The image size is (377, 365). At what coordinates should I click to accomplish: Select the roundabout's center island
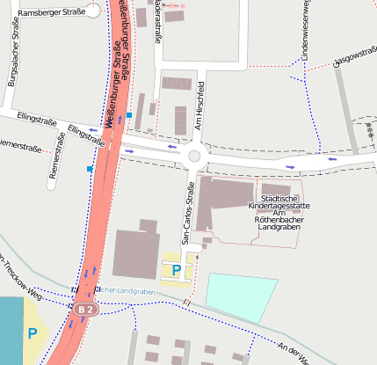click(x=195, y=157)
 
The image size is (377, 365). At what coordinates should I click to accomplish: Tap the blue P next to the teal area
click(x=33, y=333)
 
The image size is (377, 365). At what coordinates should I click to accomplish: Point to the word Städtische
click(x=280, y=197)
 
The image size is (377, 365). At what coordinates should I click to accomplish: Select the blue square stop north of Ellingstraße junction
click(x=129, y=115)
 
